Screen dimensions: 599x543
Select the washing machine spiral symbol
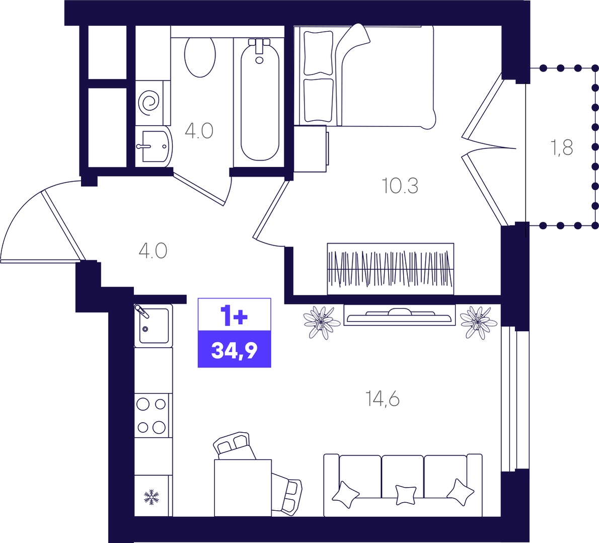(149, 101)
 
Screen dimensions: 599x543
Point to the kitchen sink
(154, 326)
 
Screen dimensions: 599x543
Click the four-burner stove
(152, 416)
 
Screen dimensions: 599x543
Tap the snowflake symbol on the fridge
(152, 497)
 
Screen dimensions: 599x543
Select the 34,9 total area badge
(234, 349)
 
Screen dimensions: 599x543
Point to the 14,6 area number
(383, 399)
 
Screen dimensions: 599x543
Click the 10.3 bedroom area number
(400, 186)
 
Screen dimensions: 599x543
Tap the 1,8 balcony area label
(562, 147)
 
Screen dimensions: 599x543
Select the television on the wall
(400, 315)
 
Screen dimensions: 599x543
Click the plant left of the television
(322, 323)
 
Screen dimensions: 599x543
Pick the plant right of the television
(479, 323)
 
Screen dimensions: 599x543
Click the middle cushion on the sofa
(406, 495)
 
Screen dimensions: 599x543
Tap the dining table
(243, 488)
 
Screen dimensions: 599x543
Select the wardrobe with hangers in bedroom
(391, 269)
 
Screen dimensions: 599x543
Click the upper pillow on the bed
(318, 53)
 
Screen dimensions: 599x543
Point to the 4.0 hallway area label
(153, 251)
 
